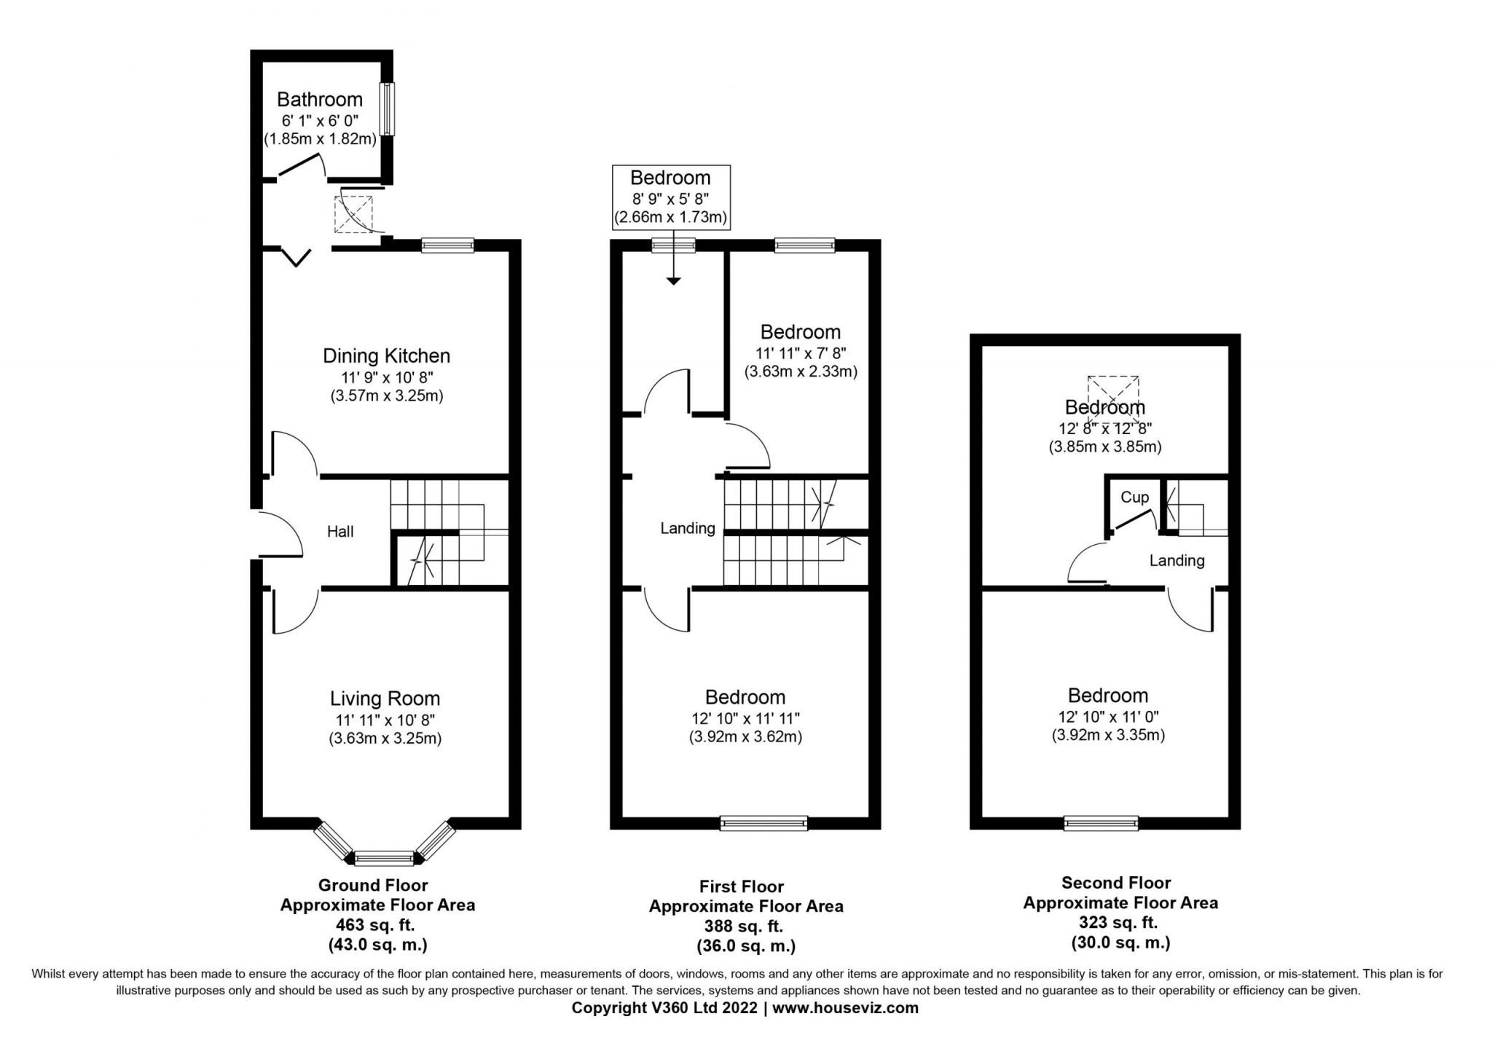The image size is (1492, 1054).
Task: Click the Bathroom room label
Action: click(x=320, y=99)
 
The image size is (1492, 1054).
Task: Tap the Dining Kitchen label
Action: click(x=386, y=355)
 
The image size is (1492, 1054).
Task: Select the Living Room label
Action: click(x=385, y=699)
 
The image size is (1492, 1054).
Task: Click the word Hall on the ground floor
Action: click(x=340, y=532)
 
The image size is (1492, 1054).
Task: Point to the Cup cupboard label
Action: click(x=1134, y=497)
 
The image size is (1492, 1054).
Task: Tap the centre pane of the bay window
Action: click(x=384, y=858)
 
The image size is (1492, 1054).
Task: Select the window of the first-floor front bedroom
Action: click(x=763, y=823)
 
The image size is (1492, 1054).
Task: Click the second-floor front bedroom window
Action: click(x=1101, y=823)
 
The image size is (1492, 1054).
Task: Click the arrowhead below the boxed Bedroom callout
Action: click(x=673, y=280)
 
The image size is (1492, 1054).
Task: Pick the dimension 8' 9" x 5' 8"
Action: click(x=670, y=197)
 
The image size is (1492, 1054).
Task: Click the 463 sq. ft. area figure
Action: click(x=375, y=925)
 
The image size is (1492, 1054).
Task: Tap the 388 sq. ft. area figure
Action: click(x=744, y=927)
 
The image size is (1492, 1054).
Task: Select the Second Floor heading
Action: click(x=1116, y=883)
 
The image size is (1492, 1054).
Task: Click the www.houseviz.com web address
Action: click(x=845, y=1008)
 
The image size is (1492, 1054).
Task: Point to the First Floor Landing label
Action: click(x=688, y=529)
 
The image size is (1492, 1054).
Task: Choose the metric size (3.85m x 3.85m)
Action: click(x=1105, y=447)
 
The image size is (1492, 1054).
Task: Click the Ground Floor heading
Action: click(x=373, y=885)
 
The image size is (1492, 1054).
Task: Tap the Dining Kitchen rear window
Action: click(x=447, y=245)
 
